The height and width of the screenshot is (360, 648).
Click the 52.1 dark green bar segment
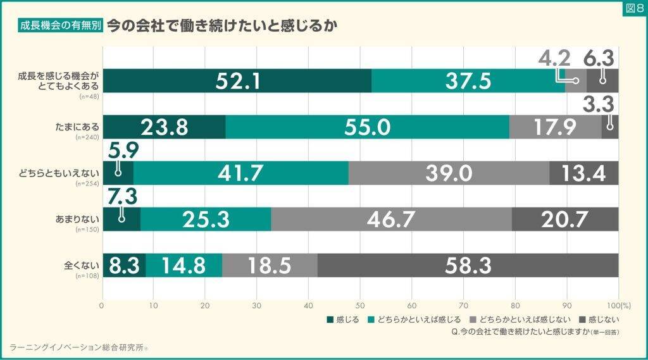click(237, 81)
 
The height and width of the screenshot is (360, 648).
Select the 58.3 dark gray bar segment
click(468, 264)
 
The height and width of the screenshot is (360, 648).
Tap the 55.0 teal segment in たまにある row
click(367, 127)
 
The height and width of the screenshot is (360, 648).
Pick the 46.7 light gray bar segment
click(391, 219)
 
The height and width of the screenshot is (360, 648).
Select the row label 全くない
click(84, 264)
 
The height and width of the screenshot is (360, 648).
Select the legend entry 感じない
click(598, 318)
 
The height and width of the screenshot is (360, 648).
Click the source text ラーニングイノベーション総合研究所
click(79, 347)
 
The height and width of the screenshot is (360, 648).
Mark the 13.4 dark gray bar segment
click(583, 173)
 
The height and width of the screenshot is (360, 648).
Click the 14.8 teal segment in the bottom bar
click(184, 264)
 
